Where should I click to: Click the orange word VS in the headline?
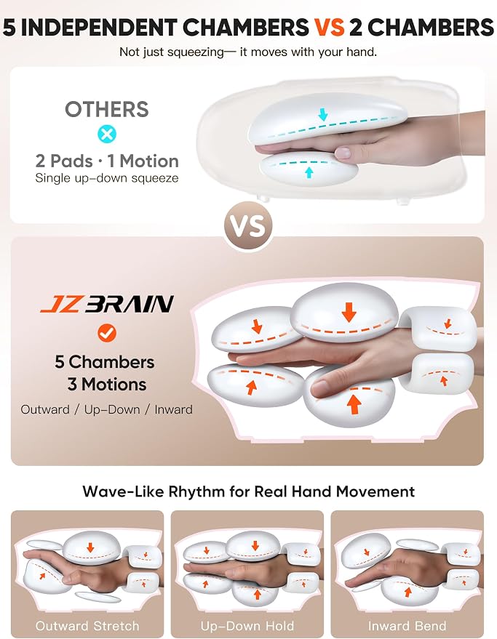(x=329, y=28)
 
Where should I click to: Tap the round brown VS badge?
(x=249, y=226)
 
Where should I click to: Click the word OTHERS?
(x=107, y=109)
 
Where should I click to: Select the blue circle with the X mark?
(x=107, y=133)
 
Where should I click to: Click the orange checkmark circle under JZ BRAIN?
(x=107, y=333)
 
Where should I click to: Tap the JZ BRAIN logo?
(x=107, y=304)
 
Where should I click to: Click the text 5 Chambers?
(x=105, y=362)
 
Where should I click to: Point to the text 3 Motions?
(x=107, y=385)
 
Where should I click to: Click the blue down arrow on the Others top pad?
(x=323, y=115)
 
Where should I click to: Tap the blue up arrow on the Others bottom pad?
(x=309, y=173)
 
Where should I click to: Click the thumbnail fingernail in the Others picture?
(x=342, y=153)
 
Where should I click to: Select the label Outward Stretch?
(x=87, y=626)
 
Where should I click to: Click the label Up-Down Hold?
(x=247, y=626)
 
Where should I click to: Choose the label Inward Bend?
(x=407, y=626)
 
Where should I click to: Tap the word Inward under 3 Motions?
(x=173, y=409)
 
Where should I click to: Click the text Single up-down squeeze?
(x=107, y=178)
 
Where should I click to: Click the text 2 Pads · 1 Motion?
(x=107, y=161)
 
